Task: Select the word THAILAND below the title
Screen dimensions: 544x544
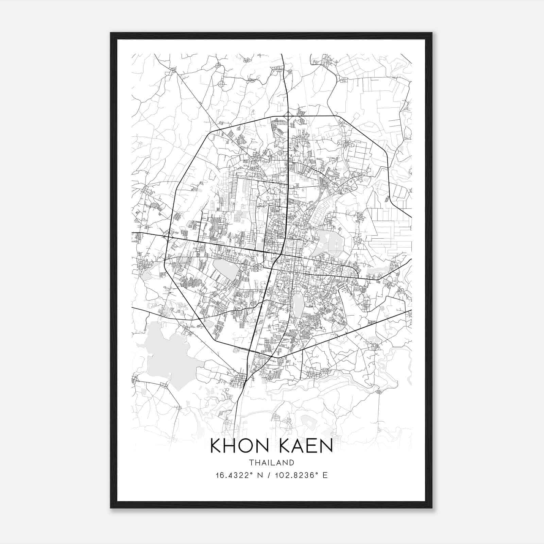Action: pos(271,462)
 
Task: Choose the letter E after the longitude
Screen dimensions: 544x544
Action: pos(325,475)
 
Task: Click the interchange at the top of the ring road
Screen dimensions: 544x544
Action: pos(288,117)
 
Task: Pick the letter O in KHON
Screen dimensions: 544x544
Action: pos(248,446)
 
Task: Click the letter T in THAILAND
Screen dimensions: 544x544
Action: pos(251,462)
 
